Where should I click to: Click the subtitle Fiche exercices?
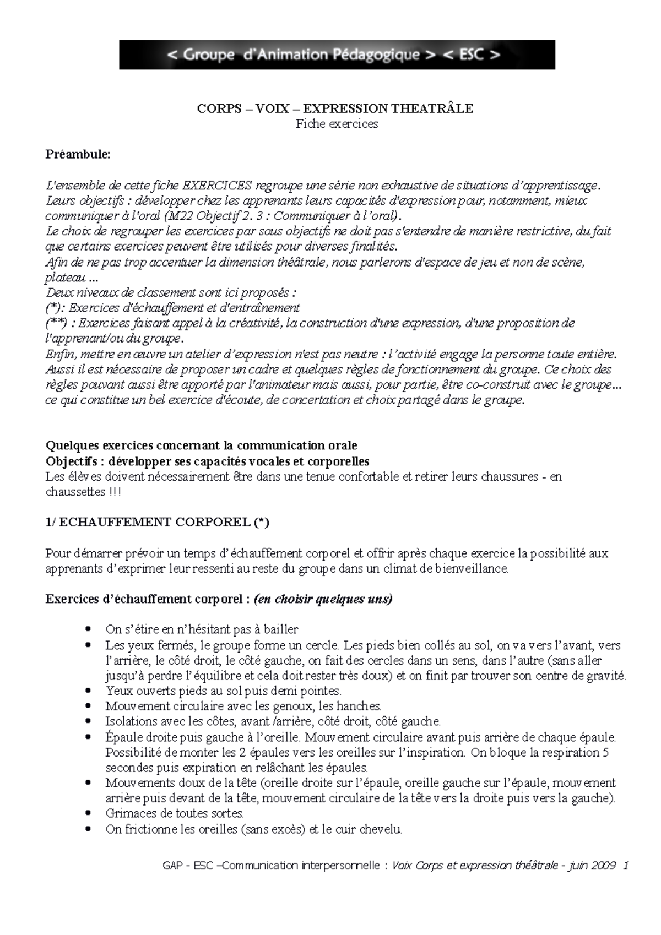coord(337,124)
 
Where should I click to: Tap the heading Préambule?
coord(78,154)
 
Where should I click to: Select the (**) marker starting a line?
coord(54,323)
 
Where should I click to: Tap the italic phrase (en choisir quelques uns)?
coord(323,599)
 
